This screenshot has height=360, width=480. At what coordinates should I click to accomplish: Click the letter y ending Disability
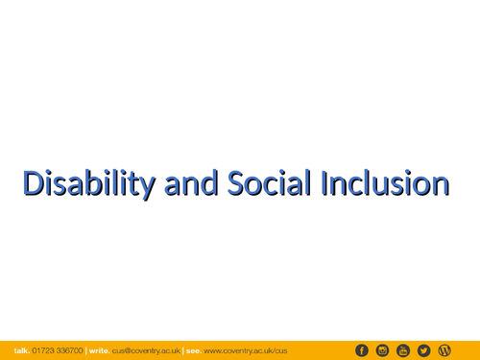pyautogui.click(x=150, y=185)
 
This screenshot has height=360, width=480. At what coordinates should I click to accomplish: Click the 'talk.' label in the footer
pyautogui.click(x=21, y=350)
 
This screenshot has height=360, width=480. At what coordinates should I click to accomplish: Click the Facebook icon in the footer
pyautogui.click(x=362, y=350)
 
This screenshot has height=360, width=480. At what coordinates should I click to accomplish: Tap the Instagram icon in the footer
pyautogui.click(x=382, y=350)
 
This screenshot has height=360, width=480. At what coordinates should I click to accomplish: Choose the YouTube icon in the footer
pyautogui.click(x=403, y=350)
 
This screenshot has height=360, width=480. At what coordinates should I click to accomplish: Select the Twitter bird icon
pyautogui.click(x=423, y=350)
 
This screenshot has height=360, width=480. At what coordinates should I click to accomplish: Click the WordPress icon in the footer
pyautogui.click(x=444, y=350)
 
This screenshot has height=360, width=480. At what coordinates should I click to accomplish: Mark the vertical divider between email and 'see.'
pyautogui.click(x=181, y=350)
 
